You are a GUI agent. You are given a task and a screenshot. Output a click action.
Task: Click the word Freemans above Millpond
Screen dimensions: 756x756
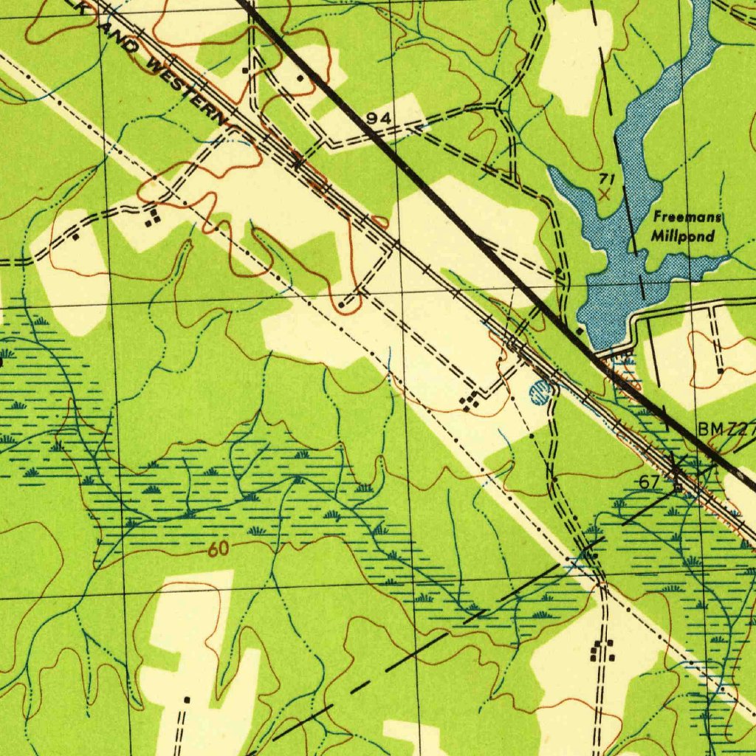point(687,218)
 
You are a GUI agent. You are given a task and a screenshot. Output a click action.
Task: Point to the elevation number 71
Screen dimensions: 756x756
point(607,179)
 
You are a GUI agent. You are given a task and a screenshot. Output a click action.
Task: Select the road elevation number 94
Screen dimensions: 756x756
point(378,119)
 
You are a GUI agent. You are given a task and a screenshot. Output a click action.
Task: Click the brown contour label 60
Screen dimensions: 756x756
point(218,549)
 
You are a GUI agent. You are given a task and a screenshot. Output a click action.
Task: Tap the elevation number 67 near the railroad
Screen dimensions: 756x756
point(649,482)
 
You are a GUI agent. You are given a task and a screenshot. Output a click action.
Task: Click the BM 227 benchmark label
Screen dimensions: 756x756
point(726,430)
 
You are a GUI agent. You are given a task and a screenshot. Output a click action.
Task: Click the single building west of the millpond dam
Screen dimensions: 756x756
point(580,331)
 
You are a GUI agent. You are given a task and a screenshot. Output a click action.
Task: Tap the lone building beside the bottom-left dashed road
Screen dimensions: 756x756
point(187,698)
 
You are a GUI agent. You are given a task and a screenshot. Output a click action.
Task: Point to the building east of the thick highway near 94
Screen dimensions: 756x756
point(300,77)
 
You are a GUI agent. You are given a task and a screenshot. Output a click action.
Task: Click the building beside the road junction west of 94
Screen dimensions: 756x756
point(245,71)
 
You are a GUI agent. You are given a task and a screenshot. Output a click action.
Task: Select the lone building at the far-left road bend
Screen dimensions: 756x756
point(75,237)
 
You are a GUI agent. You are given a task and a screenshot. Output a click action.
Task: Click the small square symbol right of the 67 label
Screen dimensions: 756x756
point(678,486)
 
